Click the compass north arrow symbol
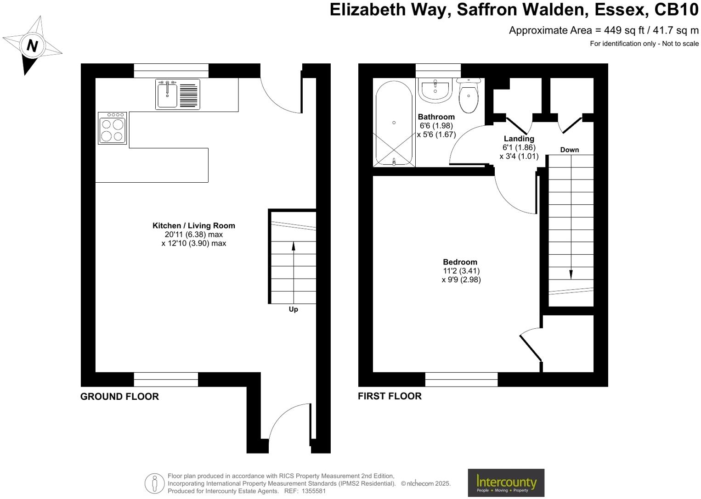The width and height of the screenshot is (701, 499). point(32,45)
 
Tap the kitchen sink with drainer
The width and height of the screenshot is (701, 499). point(178,94)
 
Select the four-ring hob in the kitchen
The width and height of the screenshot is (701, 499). point(112,129)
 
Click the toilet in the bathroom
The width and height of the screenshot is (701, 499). point(468,95)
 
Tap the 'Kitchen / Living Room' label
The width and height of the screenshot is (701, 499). point(193,226)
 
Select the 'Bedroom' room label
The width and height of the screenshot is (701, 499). point(460,262)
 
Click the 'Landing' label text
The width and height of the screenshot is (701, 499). point(519,139)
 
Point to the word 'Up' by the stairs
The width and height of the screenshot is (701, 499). point(293,309)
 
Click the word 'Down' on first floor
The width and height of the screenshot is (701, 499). point(569,150)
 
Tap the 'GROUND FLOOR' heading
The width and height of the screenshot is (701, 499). point(119,397)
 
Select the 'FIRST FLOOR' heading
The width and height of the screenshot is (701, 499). point(390,396)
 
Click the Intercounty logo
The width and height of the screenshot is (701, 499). point(506,482)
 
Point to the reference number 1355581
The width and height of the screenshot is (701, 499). point(313,491)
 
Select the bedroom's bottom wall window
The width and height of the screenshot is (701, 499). point(461,379)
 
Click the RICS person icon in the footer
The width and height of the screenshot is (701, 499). point(154,483)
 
